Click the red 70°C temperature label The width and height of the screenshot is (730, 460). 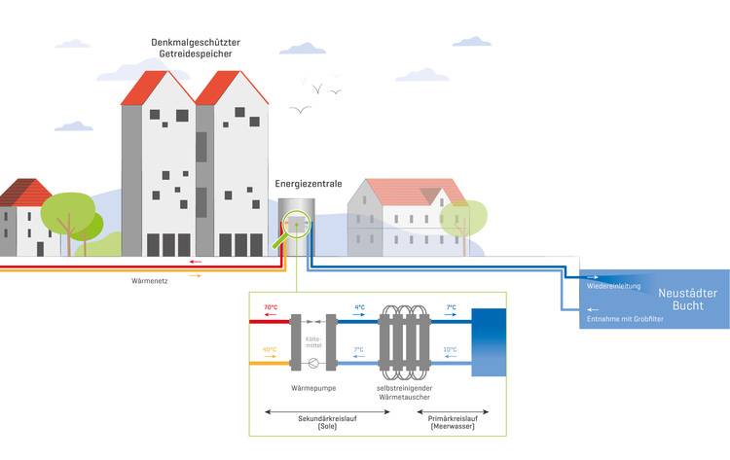270,307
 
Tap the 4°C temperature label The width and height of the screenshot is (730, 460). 359,307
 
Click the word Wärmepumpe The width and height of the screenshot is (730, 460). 314,387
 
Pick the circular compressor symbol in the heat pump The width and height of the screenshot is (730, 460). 314,364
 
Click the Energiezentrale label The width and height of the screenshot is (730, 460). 309,182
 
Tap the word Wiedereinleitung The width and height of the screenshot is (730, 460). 614,286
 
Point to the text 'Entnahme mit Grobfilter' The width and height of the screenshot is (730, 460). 625,319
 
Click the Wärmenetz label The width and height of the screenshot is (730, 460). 151,281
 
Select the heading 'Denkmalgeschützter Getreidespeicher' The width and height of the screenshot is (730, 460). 195,49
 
